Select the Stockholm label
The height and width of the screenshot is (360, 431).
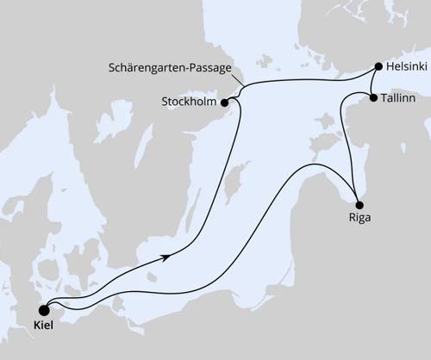pos(189,102)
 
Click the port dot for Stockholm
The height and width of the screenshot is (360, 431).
pos(225,102)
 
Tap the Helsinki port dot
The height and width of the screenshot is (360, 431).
pos(378,66)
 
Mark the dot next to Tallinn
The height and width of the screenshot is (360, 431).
pos(372,98)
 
